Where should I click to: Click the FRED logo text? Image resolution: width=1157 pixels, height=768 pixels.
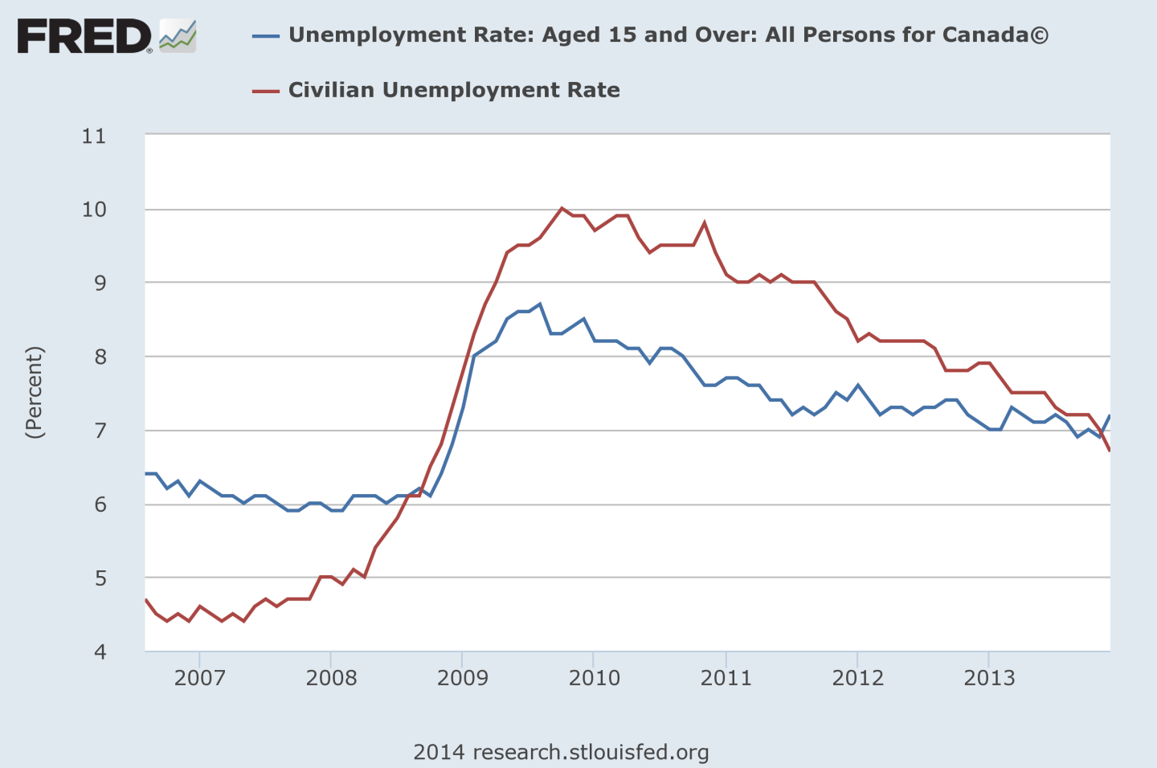(84, 37)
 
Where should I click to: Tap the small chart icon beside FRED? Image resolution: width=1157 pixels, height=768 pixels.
(178, 37)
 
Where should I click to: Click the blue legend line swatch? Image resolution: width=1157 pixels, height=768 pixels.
(266, 36)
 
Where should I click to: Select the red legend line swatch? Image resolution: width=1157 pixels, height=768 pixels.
(266, 91)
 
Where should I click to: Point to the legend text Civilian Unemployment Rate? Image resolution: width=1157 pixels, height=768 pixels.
(454, 90)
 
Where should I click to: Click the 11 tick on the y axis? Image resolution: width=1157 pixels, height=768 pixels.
(94, 136)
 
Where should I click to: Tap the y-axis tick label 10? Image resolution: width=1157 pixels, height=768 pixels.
(94, 210)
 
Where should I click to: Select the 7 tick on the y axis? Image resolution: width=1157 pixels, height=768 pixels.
(100, 431)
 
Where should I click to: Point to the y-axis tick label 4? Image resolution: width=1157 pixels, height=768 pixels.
(100, 652)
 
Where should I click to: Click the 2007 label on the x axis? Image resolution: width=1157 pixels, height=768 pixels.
(199, 678)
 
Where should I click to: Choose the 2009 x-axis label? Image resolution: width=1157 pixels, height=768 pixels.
(463, 678)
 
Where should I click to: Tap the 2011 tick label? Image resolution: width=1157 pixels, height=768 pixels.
(726, 678)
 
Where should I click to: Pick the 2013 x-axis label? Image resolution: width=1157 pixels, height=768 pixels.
(989, 678)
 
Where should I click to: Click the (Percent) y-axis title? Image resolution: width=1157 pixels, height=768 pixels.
(35, 393)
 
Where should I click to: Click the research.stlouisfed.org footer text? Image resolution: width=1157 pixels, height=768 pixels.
(591, 752)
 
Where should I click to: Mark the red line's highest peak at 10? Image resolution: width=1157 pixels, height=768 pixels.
(562, 208)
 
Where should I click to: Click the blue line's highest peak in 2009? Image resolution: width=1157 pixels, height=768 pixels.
(540, 304)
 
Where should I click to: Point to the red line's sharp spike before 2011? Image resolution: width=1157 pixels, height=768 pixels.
(705, 223)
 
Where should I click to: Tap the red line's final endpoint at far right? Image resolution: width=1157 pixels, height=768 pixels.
(1110, 451)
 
